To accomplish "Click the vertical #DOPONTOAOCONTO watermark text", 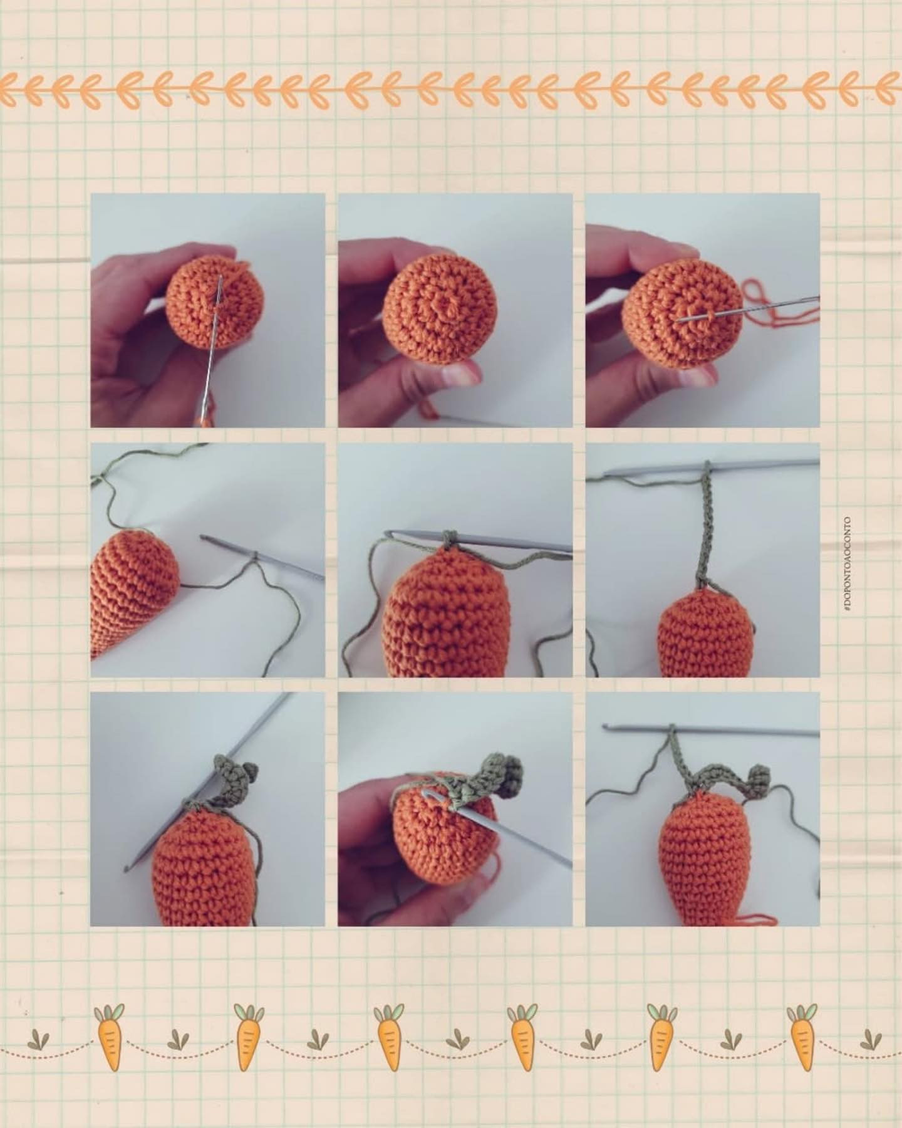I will (x=846, y=564).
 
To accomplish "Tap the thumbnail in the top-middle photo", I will (x=460, y=375).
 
